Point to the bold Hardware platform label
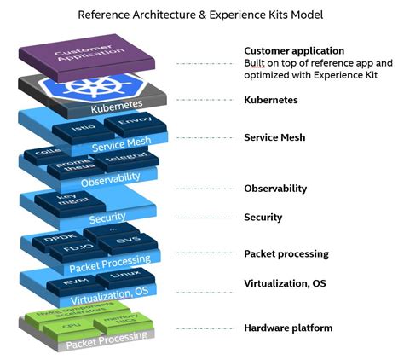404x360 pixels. click(288, 328)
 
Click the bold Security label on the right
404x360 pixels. click(263, 218)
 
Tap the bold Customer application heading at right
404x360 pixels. click(294, 51)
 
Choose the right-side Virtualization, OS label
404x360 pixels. click(285, 283)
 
